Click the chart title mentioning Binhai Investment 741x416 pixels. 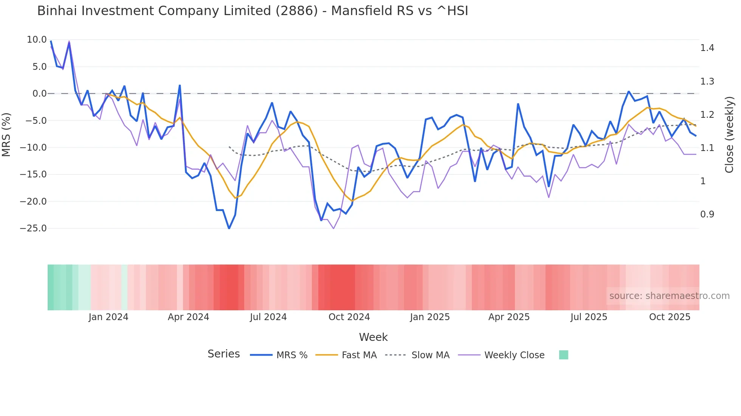click(253, 11)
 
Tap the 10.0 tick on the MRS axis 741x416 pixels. click(37, 40)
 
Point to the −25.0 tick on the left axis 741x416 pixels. click(33, 228)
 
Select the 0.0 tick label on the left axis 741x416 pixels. click(39, 94)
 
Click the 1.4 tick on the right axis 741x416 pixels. click(707, 48)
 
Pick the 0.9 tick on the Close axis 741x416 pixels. click(707, 214)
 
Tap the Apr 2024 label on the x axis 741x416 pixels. click(188, 317)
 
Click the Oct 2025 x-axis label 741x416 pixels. click(670, 317)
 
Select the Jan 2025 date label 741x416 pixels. click(429, 317)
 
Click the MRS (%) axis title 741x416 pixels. click(6, 135)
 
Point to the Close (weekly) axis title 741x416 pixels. click(729, 135)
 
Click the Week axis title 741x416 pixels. click(373, 337)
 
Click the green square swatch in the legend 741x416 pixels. click(563, 355)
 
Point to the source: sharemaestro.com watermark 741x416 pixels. click(669, 296)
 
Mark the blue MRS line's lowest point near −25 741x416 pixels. click(229, 228)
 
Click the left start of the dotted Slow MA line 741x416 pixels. click(229, 147)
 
